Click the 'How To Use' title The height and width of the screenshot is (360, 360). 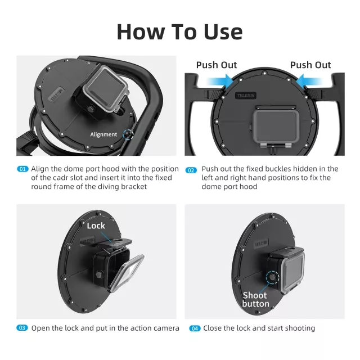(179, 31)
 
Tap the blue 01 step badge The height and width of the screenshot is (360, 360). (22, 169)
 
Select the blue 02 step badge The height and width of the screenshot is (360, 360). (191, 170)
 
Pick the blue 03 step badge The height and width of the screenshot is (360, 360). (22, 328)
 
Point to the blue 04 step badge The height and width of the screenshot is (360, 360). (195, 328)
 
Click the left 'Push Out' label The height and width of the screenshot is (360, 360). (216, 65)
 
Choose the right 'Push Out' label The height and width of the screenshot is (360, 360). (310, 65)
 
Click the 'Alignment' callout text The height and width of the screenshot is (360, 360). (103, 134)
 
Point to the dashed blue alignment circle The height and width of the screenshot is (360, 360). (128, 134)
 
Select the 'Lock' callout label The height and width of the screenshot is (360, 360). (96, 226)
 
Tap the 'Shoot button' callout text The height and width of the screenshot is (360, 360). (255, 299)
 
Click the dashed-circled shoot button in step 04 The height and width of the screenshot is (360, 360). (272, 277)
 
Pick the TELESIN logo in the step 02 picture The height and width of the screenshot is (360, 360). (246, 96)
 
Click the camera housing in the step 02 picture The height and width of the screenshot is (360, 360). (276, 127)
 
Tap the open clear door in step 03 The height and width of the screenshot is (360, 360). (127, 273)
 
